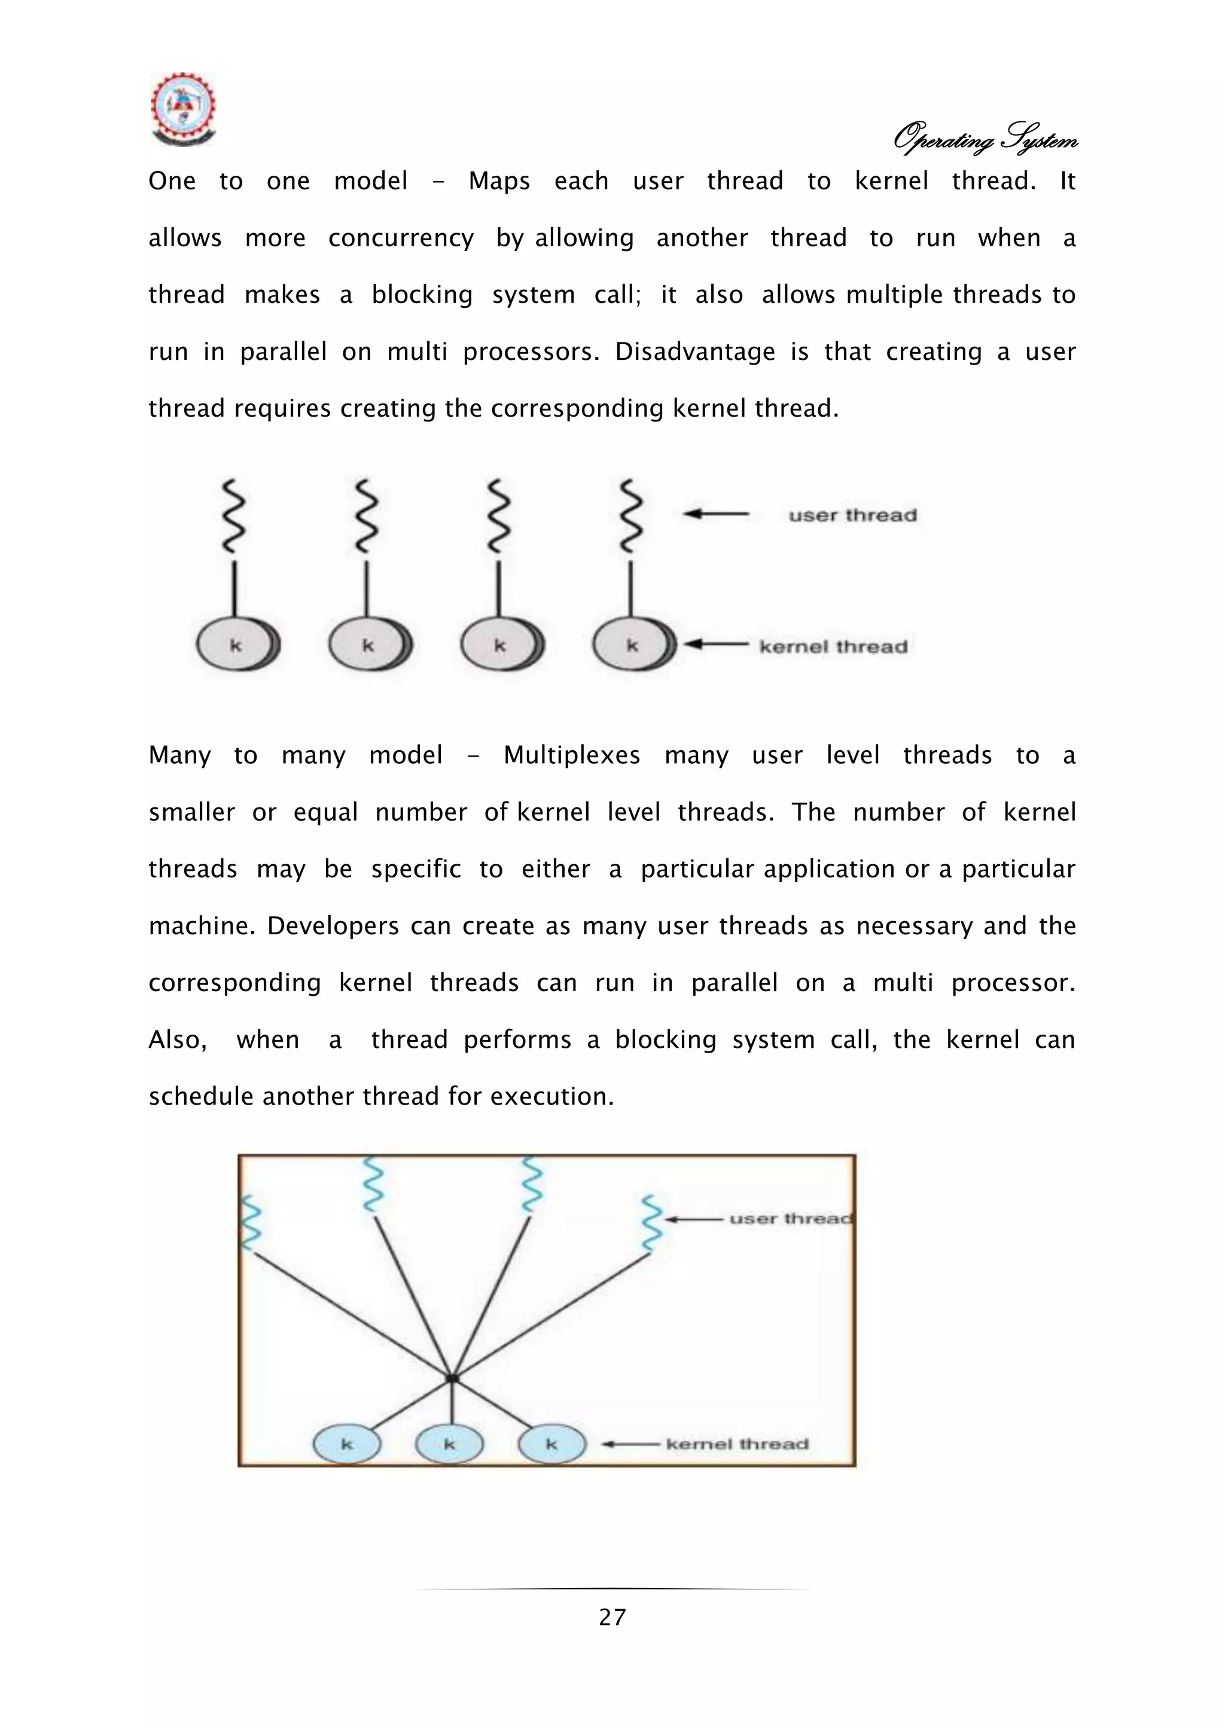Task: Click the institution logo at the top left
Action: pyautogui.click(x=183, y=109)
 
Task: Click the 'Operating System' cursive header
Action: pyautogui.click(x=985, y=139)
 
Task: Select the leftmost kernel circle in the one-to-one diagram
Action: pyautogui.click(x=236, y=646)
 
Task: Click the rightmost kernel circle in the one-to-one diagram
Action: pyautogui.click(x=632, y=646)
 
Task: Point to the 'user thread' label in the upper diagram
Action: pyautogui.click(x=852, y=516)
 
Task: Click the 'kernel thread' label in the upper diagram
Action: pyautogui.click(x=833, y=647)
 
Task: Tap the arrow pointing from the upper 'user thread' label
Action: pyautogui.click(x=716, y=514)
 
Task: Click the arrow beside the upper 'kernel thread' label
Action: pyautogui.click(x=716, y=644)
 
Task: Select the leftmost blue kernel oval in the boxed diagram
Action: pyautogui.click(x=347, y=1443)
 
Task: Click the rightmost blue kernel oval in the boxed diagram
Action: pyautogui.click(x=551, y=1443)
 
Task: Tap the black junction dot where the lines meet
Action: pyautogui.click(x=452, y=1378)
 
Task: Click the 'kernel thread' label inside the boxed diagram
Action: pyautogui.click(x=737, y=1443)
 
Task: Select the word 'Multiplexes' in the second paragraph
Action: pyautogui.click(x=572, y=756)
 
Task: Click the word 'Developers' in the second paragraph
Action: pyautogui.click(x=333, y=926)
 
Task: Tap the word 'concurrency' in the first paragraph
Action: pyautogui.click(x=401, y=238)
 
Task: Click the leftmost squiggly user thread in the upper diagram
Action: pyautogui.click(x=234, y=515)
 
